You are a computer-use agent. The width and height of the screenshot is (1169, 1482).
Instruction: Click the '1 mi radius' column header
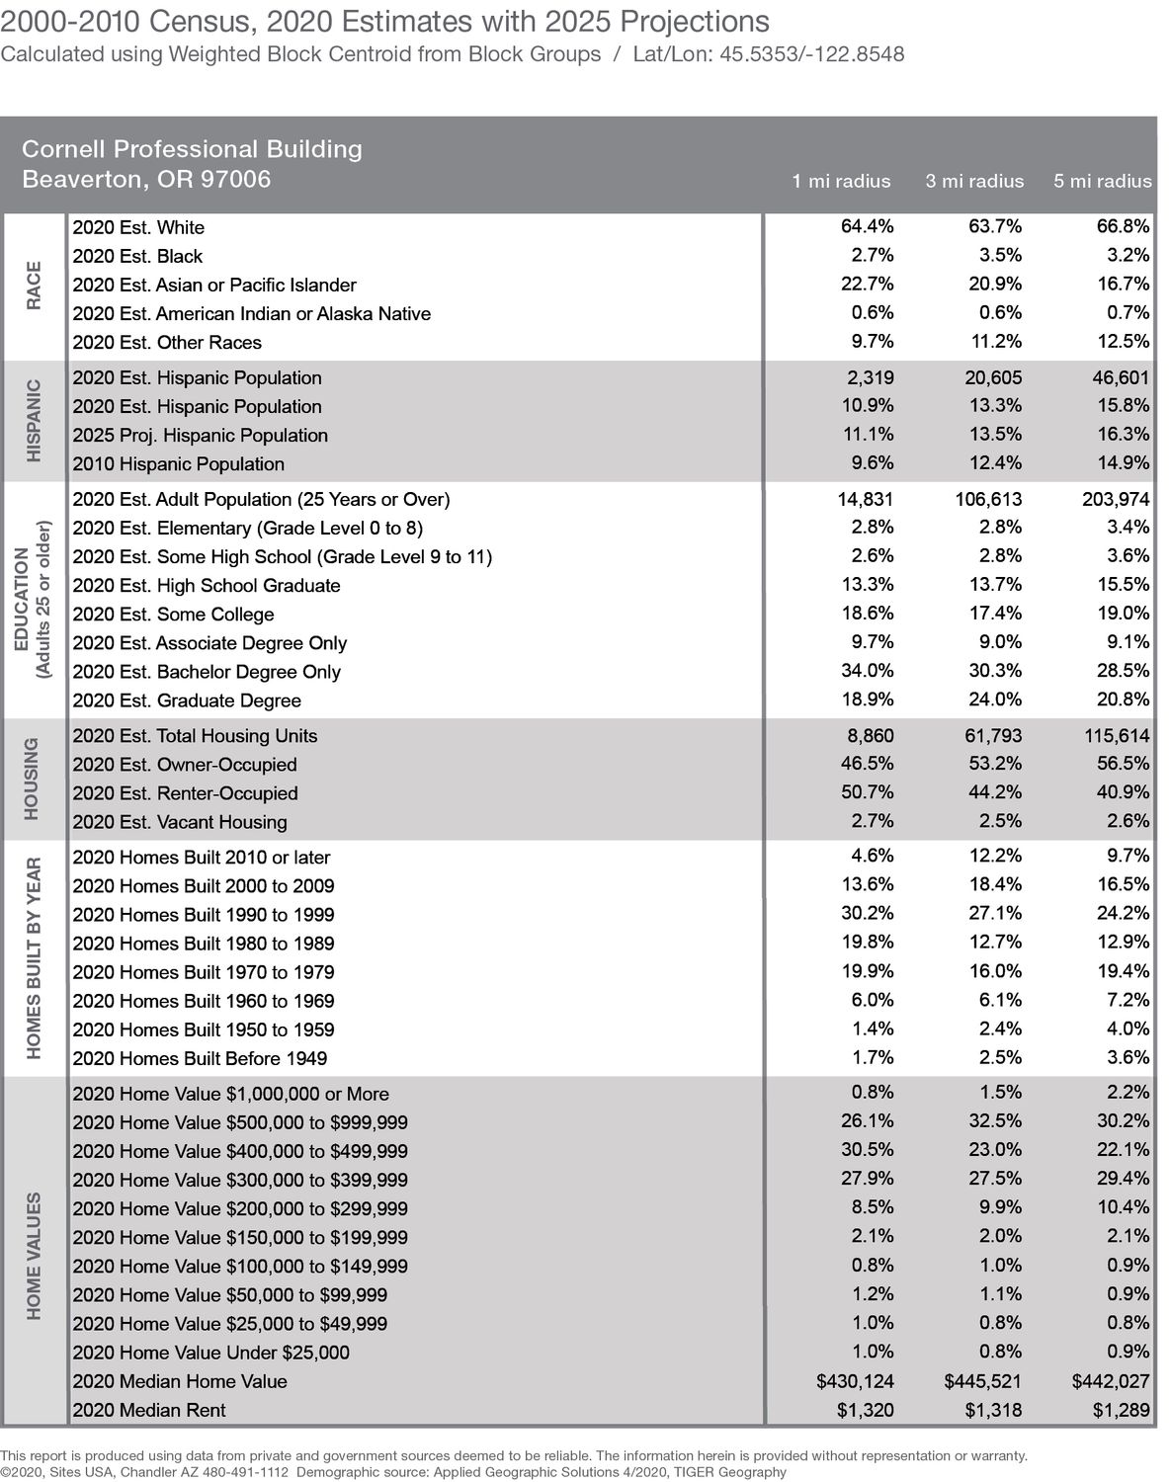click(x=841, y=181)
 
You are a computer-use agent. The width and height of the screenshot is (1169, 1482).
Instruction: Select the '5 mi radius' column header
click(x=1102, y=181)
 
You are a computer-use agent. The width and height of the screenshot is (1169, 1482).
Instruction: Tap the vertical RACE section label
click(x=34, y=286)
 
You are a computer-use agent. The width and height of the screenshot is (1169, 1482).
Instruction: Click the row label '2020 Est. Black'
click(x=137, y=256)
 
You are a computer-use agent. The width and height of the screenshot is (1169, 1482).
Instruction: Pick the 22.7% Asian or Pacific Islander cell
click(x=867, y=285)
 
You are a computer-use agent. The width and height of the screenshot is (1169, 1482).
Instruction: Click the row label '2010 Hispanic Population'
click(x=179, y=463)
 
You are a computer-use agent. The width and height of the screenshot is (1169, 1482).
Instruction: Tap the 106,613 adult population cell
click(x=982, y=499)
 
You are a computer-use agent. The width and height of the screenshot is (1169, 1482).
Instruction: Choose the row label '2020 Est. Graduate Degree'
click(x=187, y=700)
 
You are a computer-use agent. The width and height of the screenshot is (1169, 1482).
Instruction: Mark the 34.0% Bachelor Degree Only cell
click(x=867, y=671)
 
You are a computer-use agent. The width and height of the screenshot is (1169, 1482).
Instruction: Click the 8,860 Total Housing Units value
click(x=870, y=736)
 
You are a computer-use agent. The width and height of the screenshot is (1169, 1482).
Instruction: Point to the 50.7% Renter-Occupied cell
click(x=867, y=792)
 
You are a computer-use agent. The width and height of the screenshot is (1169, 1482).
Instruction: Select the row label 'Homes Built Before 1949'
click(x=200, y=1058)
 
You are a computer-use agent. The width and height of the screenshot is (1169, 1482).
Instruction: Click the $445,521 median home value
click(x=982, y=1381)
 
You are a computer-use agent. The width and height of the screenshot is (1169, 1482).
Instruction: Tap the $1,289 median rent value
click(x=1121, y=1410)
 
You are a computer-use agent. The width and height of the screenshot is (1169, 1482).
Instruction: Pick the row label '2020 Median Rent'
click(x=149, y=1410)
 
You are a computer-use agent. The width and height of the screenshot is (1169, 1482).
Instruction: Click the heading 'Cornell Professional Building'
click(x=192, y=149)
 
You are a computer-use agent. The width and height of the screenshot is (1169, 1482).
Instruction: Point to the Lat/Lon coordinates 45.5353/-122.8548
click(x=769, y=53)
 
